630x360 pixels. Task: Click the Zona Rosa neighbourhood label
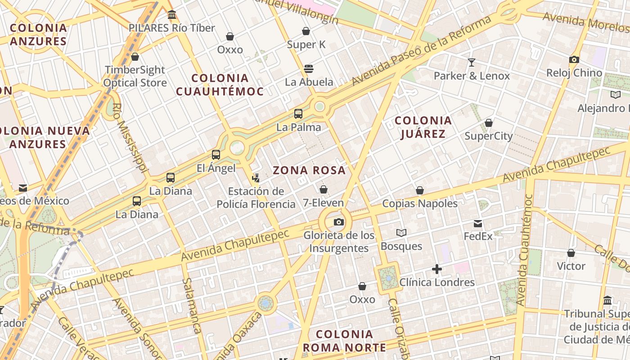309,170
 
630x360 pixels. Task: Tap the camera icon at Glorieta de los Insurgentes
339,222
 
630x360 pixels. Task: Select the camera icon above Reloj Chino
574,59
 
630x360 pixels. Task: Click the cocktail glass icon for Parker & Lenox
472,62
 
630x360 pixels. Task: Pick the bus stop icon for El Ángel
216,155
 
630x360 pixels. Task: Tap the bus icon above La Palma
298,114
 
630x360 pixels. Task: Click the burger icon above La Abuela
309,69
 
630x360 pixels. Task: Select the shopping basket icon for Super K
306,31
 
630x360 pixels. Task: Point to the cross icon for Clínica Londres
436,269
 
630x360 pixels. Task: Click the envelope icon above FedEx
478,223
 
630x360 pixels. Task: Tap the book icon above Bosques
401,233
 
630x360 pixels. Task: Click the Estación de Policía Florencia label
256,198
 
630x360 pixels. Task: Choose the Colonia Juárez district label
423,127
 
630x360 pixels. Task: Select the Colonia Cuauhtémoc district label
220,85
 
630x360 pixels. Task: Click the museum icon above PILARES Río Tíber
171,15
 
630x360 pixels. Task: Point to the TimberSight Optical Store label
135,76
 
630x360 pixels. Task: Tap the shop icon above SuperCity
489,123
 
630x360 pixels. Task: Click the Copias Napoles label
420,203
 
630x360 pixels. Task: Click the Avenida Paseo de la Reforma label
422,51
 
